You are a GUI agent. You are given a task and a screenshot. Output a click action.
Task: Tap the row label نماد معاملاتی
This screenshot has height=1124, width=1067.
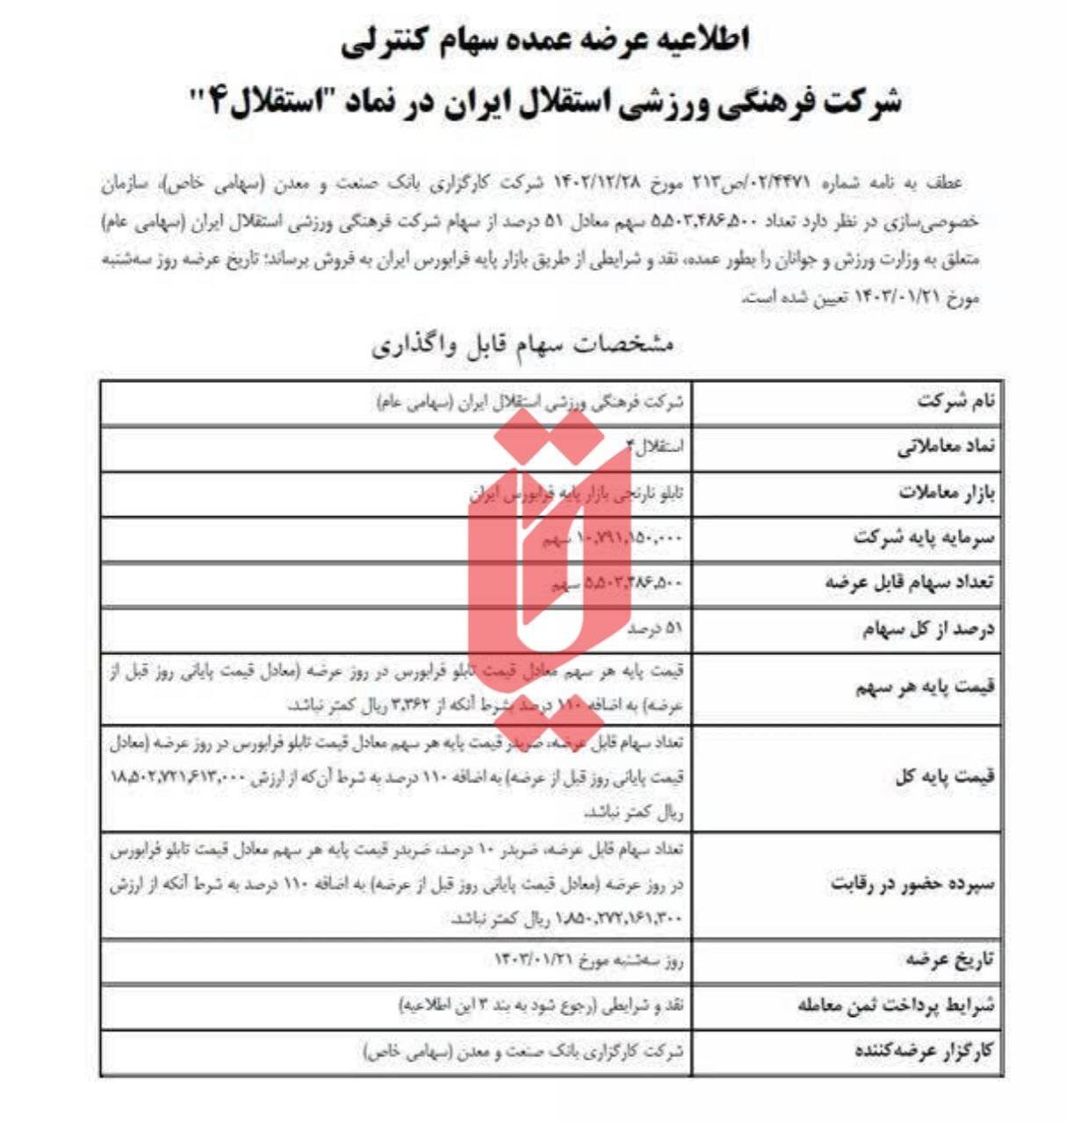coord(946,448)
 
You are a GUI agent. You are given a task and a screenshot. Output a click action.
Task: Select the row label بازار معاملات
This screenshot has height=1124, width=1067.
coord(947,494)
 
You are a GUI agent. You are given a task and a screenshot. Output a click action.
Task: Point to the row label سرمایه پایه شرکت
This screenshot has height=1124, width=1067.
coord(924,538)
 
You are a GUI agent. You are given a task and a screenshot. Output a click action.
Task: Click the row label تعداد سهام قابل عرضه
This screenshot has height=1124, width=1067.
coord(910,583)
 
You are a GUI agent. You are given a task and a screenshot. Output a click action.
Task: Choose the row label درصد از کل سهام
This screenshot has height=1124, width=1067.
coord(928,629)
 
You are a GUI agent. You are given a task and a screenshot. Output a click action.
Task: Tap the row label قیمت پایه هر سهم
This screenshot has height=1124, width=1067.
coord(926,687)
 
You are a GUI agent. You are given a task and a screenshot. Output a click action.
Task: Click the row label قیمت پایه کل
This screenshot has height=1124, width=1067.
coord(945,777)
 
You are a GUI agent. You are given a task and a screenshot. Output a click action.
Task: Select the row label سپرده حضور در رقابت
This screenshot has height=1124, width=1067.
coord(913,884)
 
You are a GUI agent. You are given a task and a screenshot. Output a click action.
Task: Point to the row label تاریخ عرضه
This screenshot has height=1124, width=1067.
coord(950,960)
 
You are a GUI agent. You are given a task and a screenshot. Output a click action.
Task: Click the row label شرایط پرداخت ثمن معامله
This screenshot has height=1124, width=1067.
coord(897,1005)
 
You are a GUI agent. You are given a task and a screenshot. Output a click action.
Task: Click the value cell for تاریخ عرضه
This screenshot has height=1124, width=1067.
coord(588,961)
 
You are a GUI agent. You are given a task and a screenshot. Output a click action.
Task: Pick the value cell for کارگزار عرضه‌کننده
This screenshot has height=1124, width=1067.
coord(523,1051)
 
